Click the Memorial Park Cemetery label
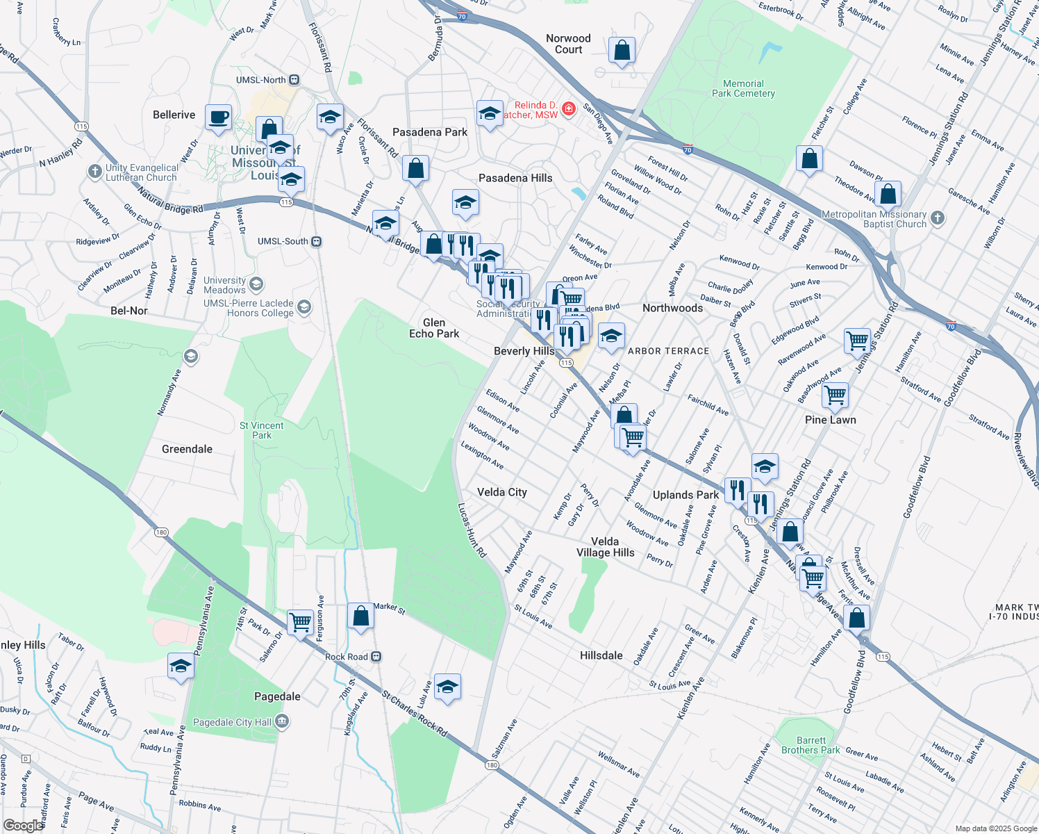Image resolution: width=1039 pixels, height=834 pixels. pyautogui.click(x=743, y=88)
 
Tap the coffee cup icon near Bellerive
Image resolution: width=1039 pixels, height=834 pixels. pyautogui.click(x=218, y=117)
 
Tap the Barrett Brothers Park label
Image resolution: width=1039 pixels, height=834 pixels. pyautogui.click(x=811, y=745)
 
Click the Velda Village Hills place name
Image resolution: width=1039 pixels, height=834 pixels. pyautogui.click(x=605, y=547)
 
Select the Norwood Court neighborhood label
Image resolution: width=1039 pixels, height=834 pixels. pyautogui.click(x=568, y=44)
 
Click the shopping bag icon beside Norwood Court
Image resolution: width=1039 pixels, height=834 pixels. pyautogui.click(x=622, y=51)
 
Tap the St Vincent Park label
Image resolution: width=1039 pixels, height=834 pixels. pyautogui.click(x=262, y=430)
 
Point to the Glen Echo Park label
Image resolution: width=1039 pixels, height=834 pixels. pyautogui.click(x=434, y=328)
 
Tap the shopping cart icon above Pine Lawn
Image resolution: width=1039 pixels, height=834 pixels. pyautogui.click(x=834, y=395)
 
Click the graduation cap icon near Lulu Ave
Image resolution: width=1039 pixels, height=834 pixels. pyautogui.click(x=447, y=687)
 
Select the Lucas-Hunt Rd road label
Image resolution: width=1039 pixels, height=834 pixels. pyautogui.click(x=472, y=530)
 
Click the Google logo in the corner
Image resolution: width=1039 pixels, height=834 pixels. pyautogui.click(x=23, y=826)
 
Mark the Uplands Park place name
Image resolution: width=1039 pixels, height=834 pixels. pyautogui.click(x=685, y=495)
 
